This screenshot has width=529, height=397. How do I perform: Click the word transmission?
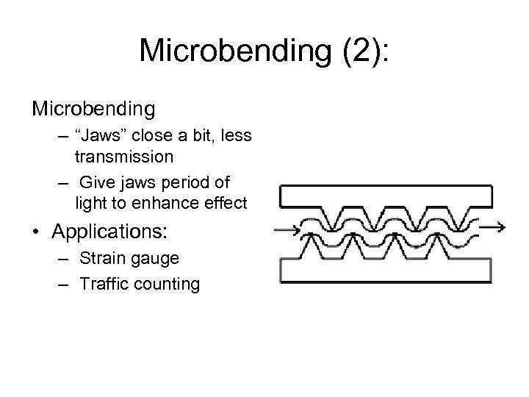pos(124,156)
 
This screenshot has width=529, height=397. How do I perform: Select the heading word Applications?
pos(108,232)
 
